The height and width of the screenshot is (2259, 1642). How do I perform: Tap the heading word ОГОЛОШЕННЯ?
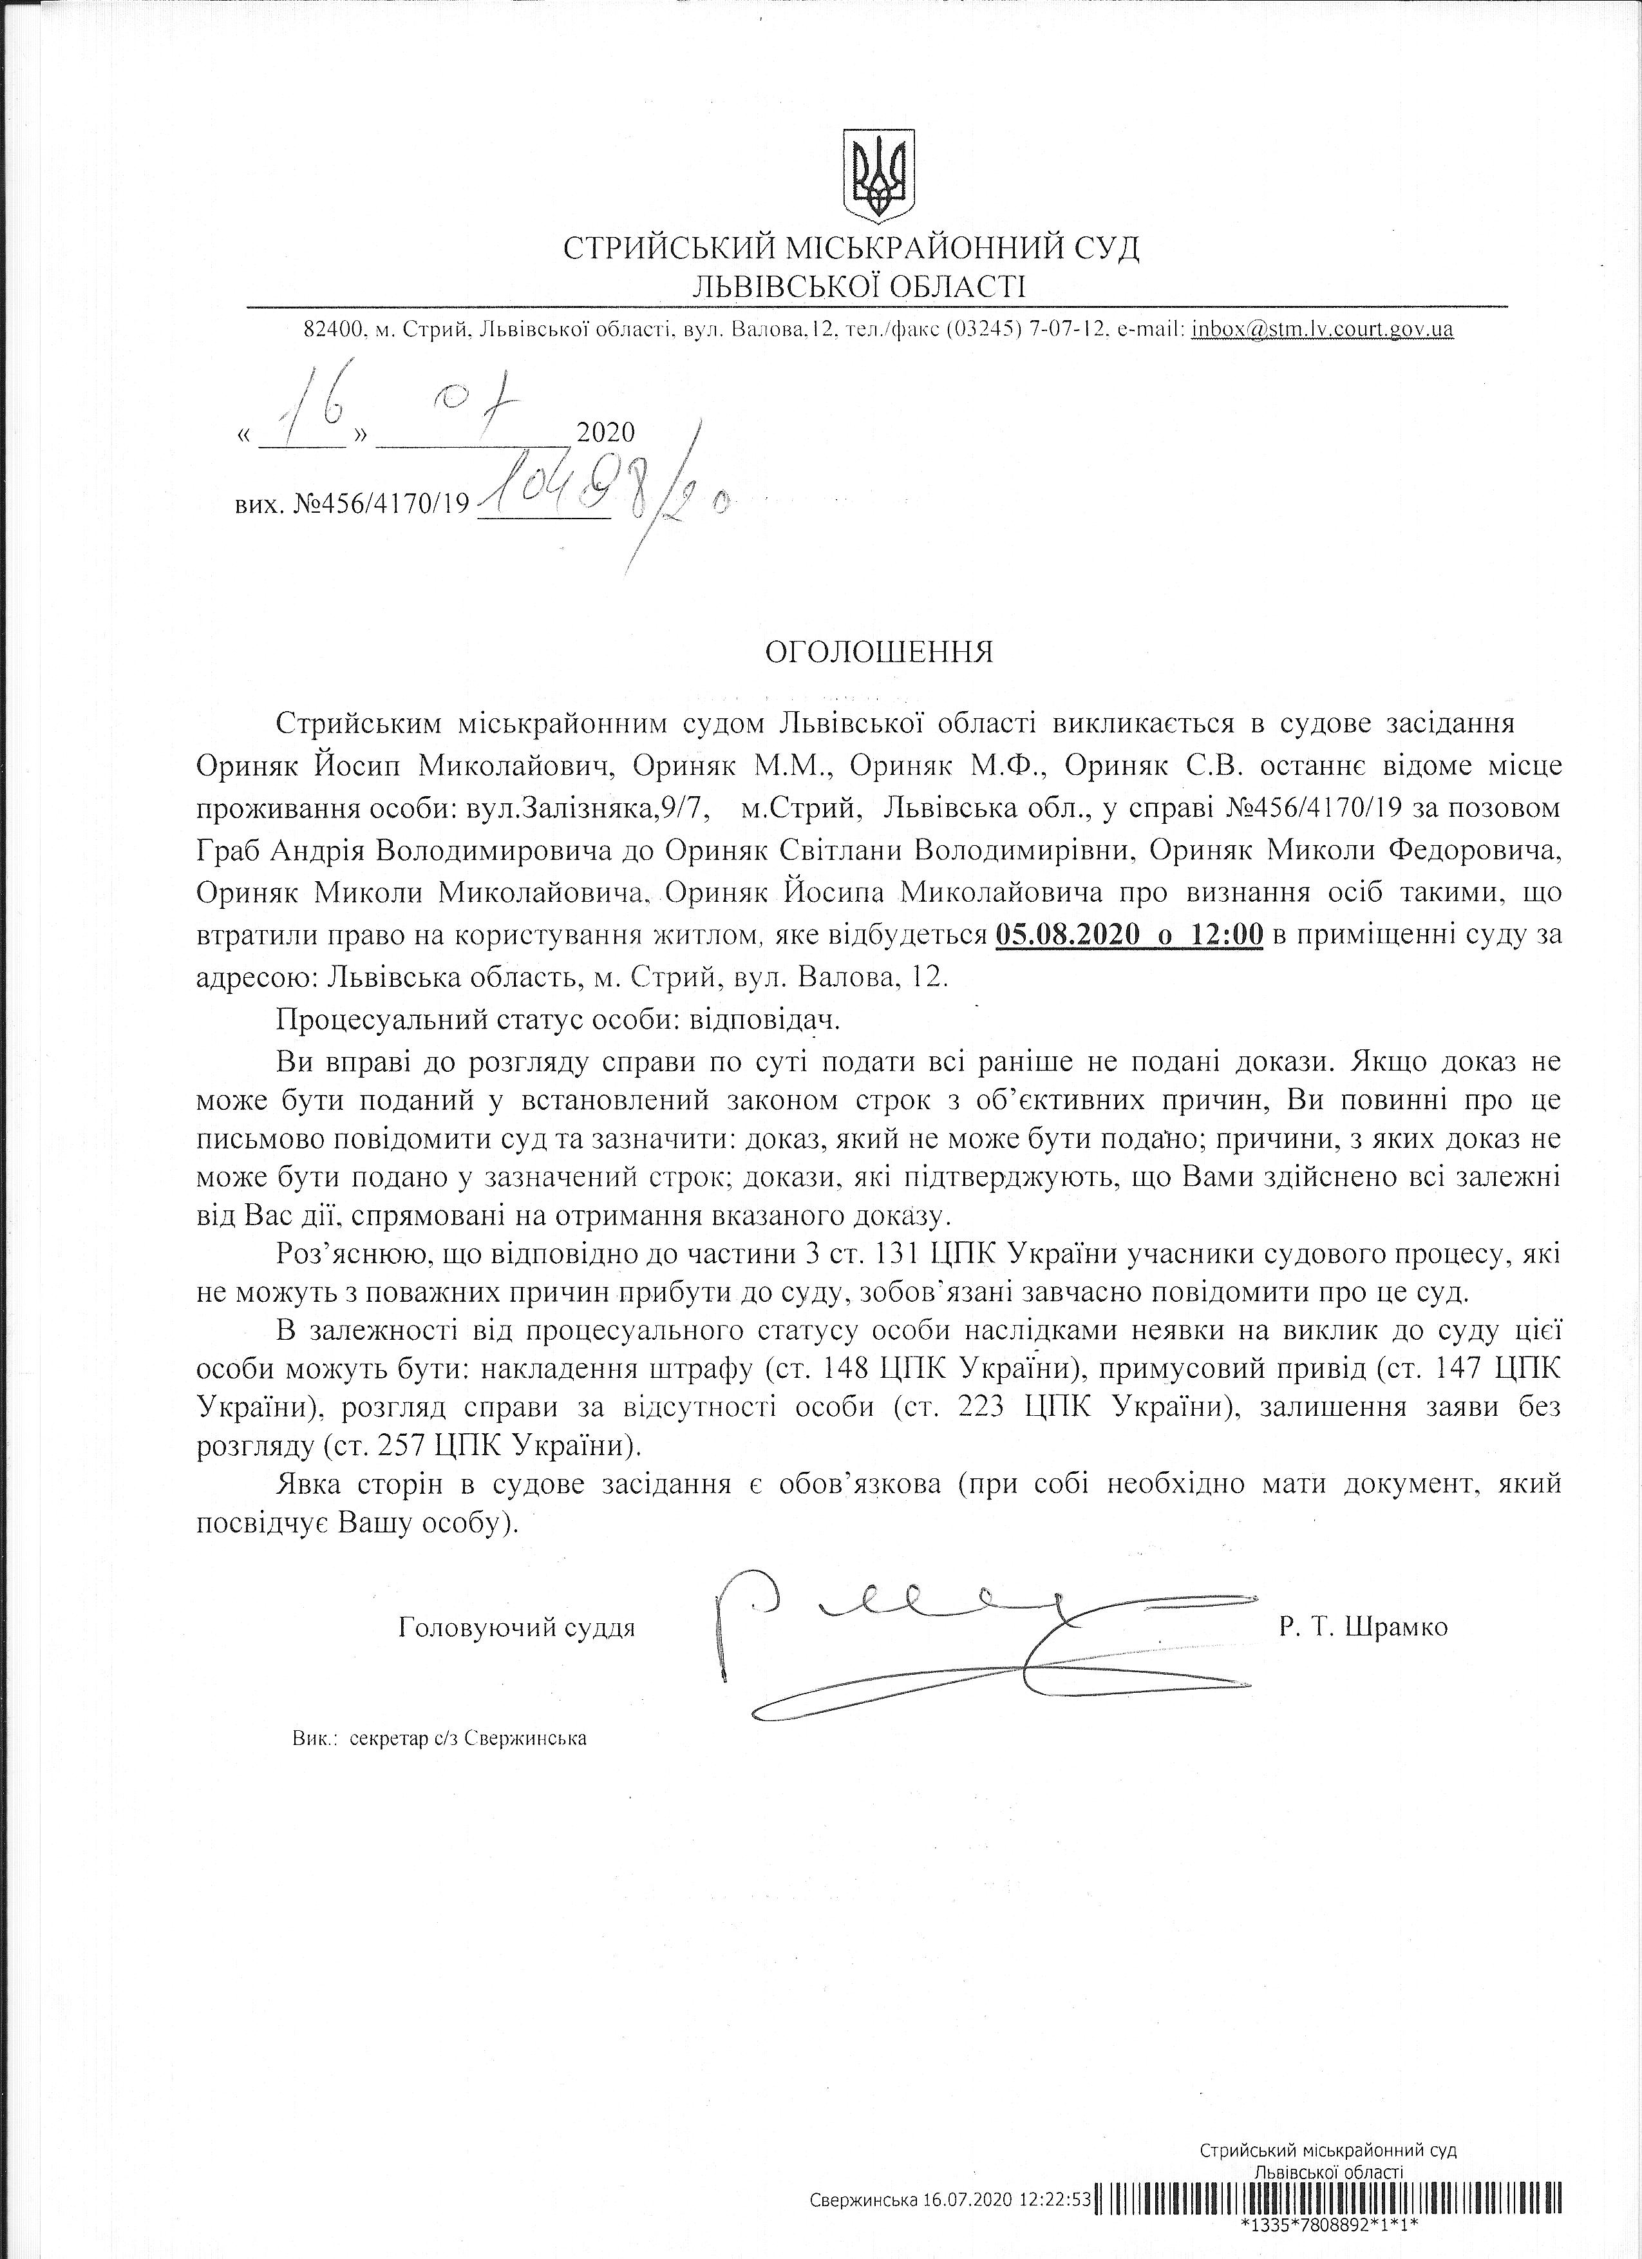[x=878, y=653]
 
